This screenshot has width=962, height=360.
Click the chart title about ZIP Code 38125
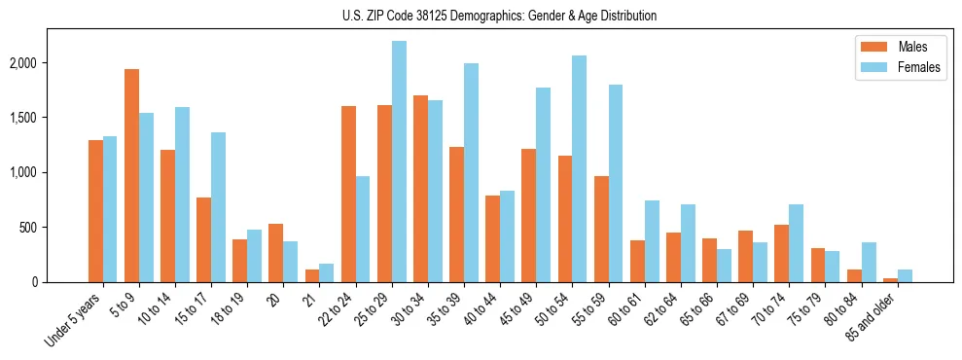(500, 16)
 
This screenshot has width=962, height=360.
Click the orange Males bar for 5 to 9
(131, 175)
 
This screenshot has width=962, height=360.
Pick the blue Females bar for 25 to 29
(399, 162)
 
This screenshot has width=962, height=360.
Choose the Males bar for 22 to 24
(348, 194)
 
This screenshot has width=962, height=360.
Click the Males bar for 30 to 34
(420, 189)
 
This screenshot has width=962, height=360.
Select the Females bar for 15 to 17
(218, 207)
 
